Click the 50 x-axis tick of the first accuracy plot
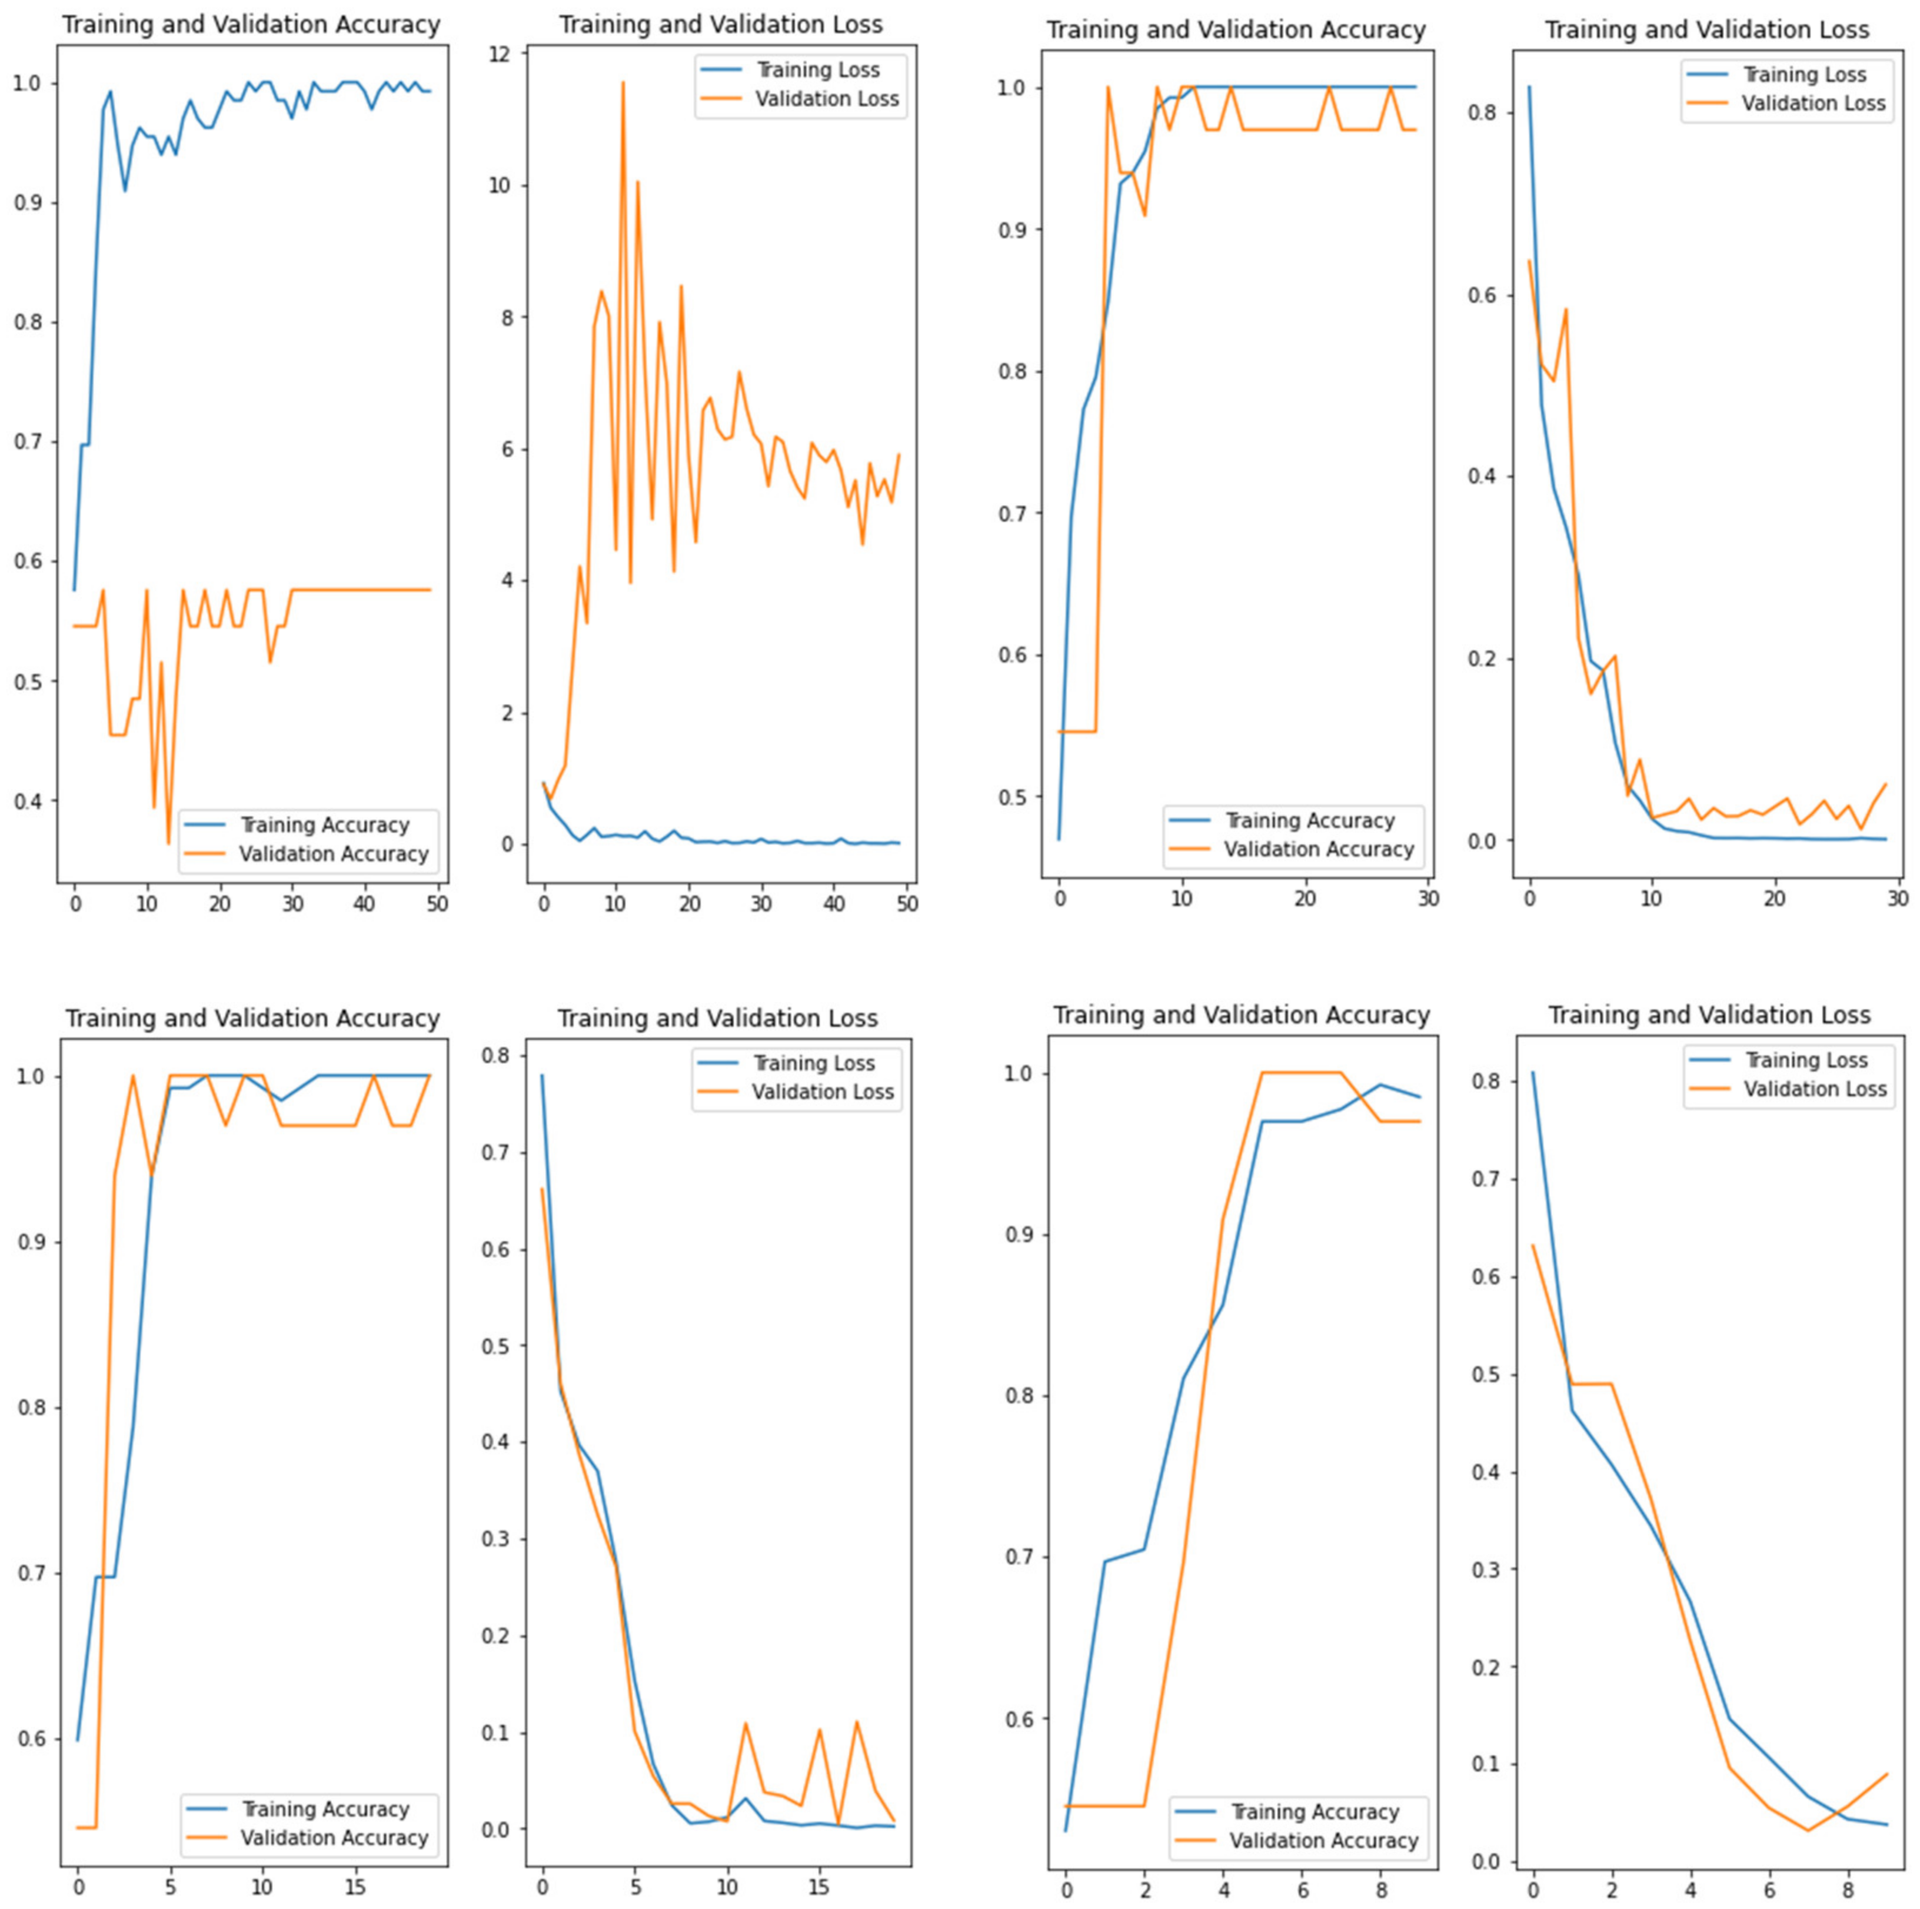point(437,904)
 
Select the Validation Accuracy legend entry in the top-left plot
point(333,854)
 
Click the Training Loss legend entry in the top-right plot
point(1803,75)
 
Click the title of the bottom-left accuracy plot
point(252,1019)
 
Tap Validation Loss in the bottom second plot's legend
point(822,1092)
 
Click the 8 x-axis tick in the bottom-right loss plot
point(1848,1885)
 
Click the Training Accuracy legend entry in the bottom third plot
point(1314,1812)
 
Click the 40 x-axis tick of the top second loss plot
point(835,904)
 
